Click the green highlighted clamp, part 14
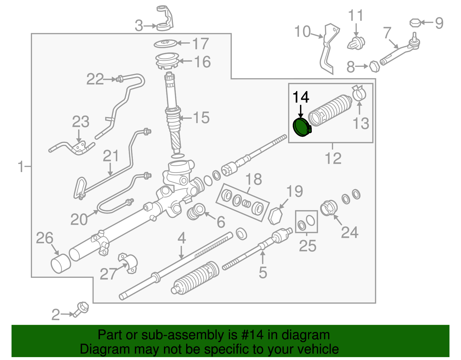(x=301, y=128)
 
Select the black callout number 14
(x=301, y=97)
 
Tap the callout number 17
(x=200, y=44)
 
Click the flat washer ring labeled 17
(x=165, y=44)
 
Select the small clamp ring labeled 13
(x=359, y=93)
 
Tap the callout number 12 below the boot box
(x=333, y=158)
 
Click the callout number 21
(x=111, y=156)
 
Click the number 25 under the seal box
(x=307, y=246)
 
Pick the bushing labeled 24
(x=329, y=208)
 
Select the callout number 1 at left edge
(x=21, y=167)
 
